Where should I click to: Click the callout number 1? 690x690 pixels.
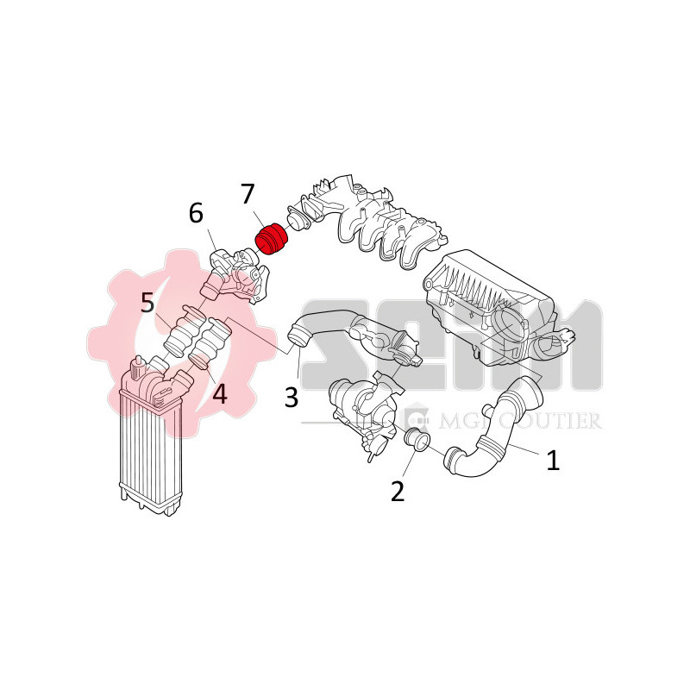coord(552,460)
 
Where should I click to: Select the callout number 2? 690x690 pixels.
coord(398,491)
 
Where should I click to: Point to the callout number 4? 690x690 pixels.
coord(219,394)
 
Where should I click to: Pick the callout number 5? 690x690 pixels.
coord(147,302)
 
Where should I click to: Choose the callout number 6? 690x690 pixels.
coord(196,211)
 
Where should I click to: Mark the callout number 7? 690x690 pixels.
coord(248,194)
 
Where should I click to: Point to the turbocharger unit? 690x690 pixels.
coord(362,410)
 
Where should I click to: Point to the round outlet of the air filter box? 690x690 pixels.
coord(514,326)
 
